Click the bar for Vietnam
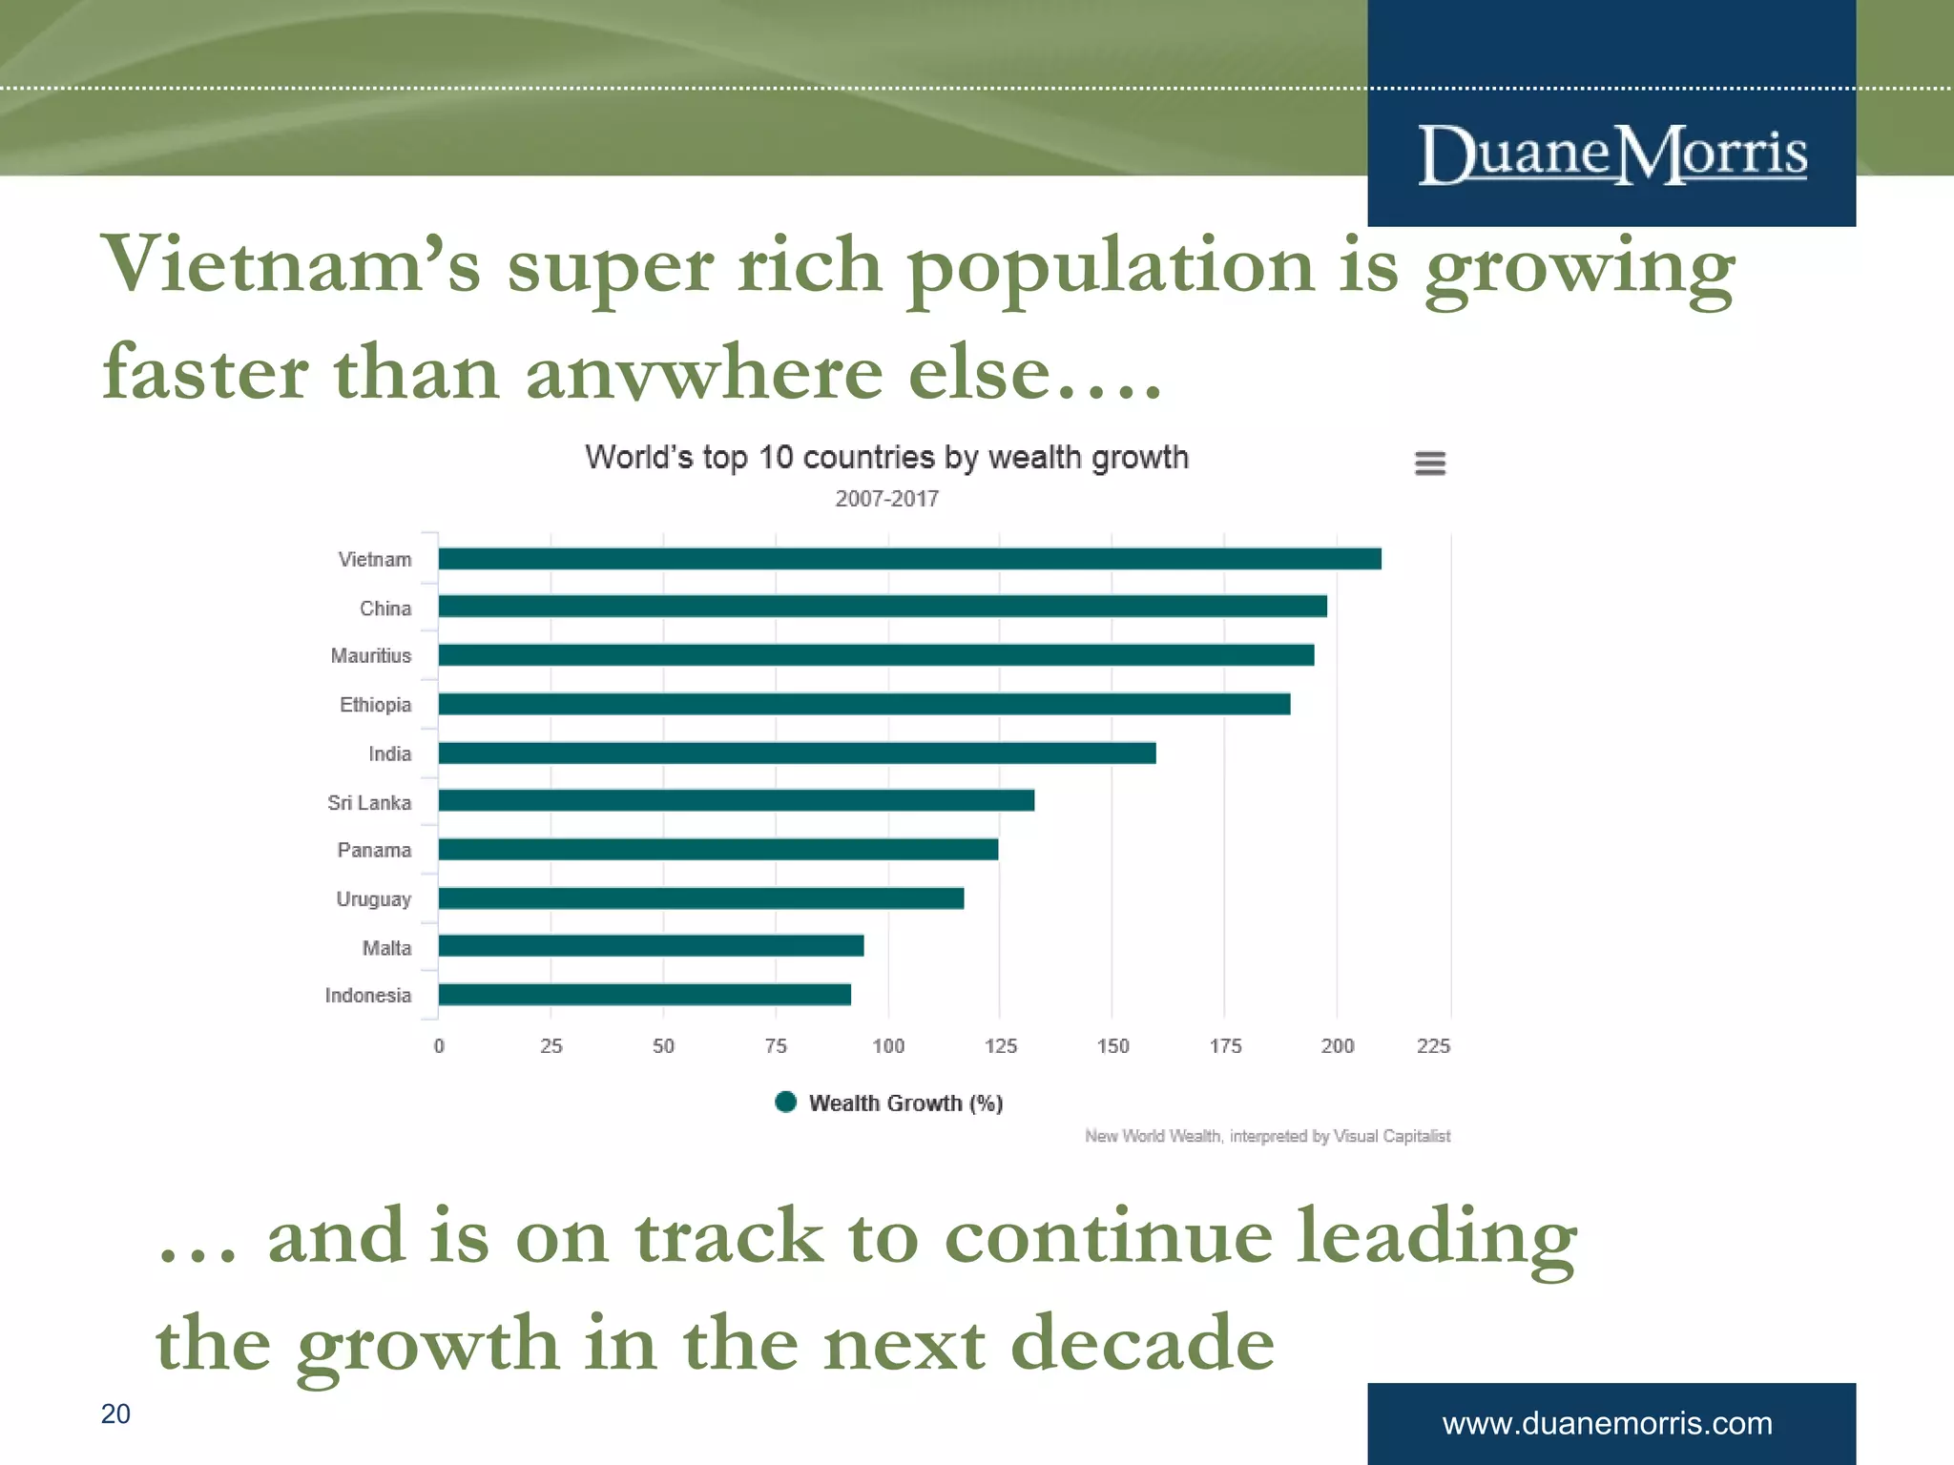909,559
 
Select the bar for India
797,753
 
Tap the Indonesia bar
644,995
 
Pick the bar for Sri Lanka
736,801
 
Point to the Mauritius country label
371,656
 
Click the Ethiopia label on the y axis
375,705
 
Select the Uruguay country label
373,899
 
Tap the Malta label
386,948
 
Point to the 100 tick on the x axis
888,1046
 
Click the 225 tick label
1433,1046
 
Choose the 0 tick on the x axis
439,1046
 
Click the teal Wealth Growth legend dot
786,1103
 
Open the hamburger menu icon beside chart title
1429,464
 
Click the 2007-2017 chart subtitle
886,499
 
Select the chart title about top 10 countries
886,458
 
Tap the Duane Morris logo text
1612,155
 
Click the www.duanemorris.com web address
1607,1423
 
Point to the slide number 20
115,1413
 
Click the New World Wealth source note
1267,1136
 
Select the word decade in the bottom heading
1142,1343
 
